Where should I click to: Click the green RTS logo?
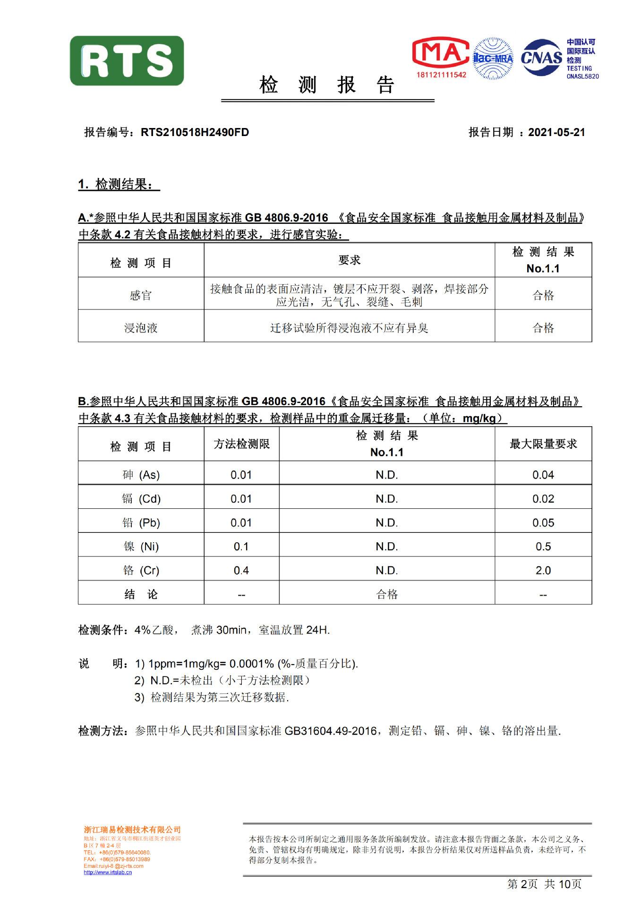[x=127, y=61]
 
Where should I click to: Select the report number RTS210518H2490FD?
[x=195, y=132]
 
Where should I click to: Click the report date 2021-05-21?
[x=556, y=132]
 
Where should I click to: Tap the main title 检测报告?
[x=327, y=86]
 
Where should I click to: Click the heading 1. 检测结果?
[x=119, y=185]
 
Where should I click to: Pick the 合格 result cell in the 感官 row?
[x=543, y=296]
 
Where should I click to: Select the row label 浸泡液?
[x=141, y=328]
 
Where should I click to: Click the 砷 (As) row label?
[x=141, y=475]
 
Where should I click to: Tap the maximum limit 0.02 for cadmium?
[x=543, y=499]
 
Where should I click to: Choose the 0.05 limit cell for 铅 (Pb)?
[x=543, y=523]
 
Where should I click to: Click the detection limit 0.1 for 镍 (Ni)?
[x=241, y=547]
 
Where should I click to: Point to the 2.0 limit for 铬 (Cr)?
[x=543, y=571]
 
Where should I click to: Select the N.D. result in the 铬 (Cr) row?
[x=386, y=571]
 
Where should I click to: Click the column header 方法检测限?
[x=241, y=444]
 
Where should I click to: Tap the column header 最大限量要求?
[x=543, y=444]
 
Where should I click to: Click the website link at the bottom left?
[x=108, y=873]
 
